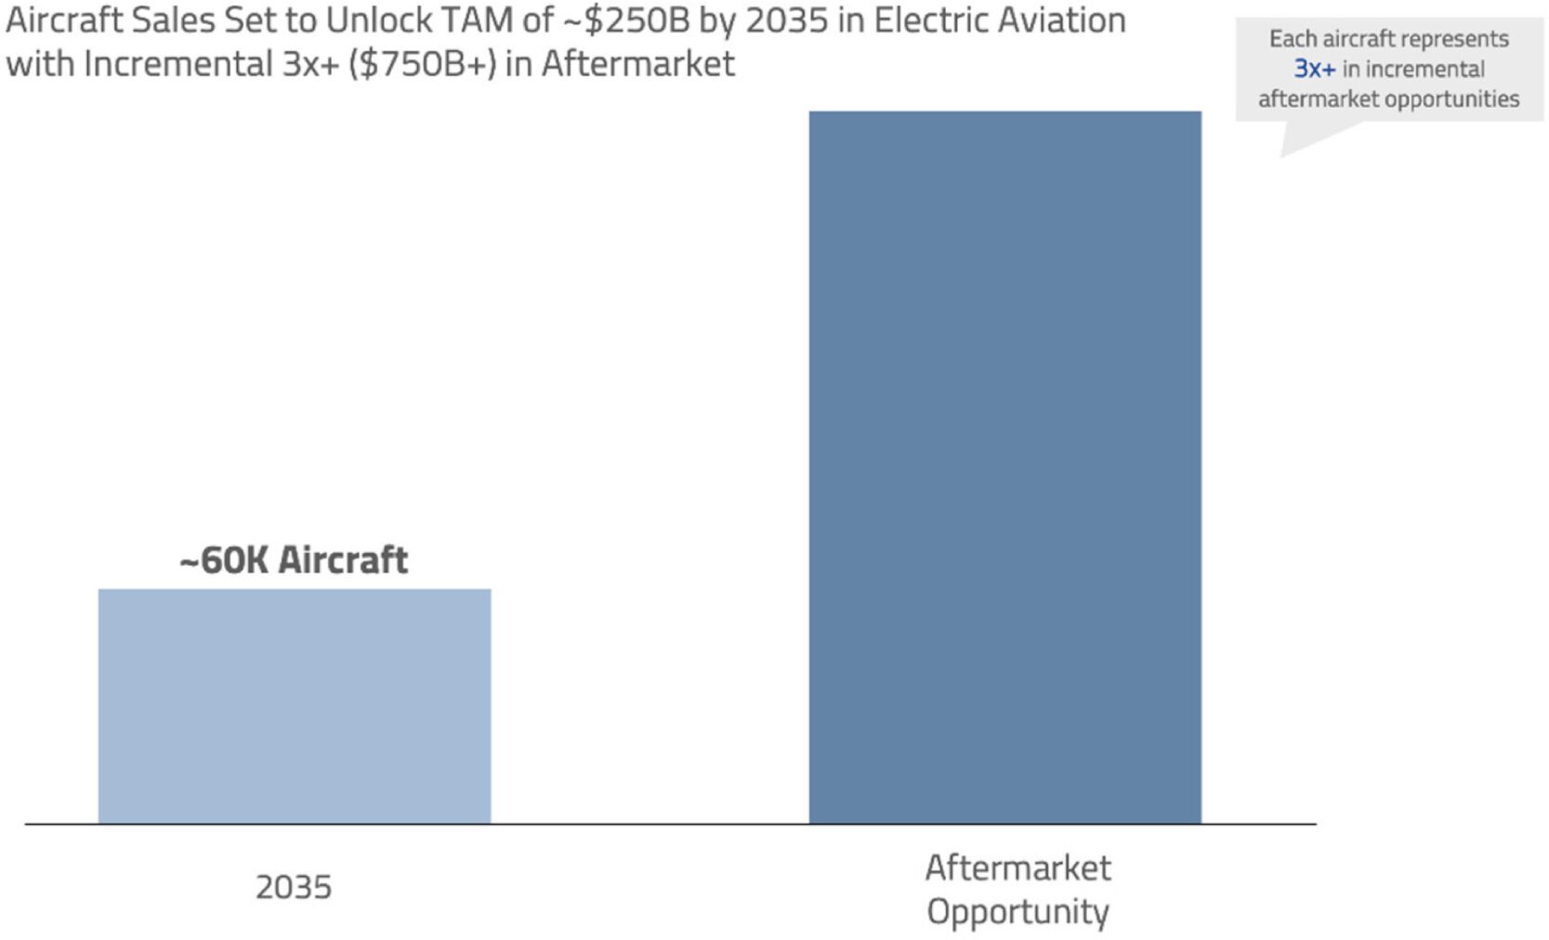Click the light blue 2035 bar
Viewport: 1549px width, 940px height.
click(294, 706)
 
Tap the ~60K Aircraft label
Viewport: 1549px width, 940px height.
click(294, 560)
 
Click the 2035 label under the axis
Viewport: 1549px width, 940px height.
click(294, 887)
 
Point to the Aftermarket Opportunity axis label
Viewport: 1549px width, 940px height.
click(1017, 889)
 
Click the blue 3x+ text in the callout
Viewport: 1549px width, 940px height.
click(1314, 69)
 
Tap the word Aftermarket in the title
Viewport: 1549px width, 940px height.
click(638, 64)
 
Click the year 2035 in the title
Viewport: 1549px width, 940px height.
click(786, 20)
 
